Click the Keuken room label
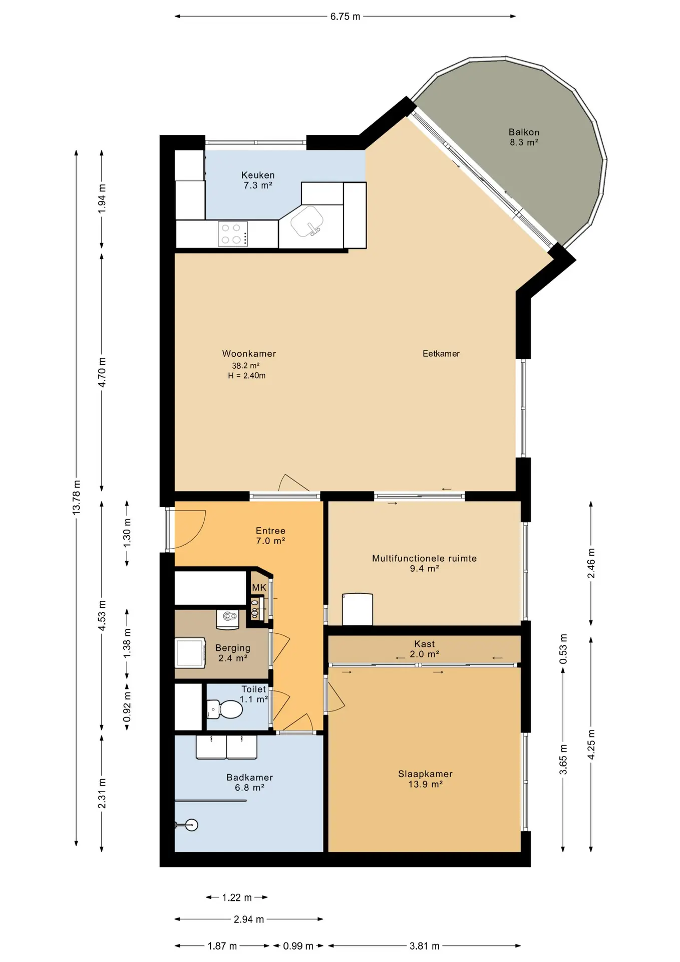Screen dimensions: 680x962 coord(258,180)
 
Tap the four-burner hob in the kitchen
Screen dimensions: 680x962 coord(233,234)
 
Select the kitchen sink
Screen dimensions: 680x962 coord(307,221)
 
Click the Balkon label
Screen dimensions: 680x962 coord(524,137)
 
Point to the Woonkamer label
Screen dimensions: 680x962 coord(249,354)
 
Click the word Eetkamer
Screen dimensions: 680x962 coord(441,354)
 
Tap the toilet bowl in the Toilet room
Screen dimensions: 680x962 coord(225,709)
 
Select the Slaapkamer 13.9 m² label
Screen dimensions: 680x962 coord(425,779)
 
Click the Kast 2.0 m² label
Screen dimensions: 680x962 coord(425,649)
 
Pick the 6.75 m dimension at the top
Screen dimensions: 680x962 coord(345,17)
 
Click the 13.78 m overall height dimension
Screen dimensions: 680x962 coord(77,498)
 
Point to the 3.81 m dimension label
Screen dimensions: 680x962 coord(425,946)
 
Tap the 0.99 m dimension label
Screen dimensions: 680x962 coord(298,946)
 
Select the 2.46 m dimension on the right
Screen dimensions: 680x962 coord(591,563)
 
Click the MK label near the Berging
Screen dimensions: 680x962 coord(259,588)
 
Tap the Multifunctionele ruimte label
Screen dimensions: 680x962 coord(424,563)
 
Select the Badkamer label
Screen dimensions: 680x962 coord(249,783)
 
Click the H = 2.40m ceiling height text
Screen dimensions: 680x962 coord(246,376)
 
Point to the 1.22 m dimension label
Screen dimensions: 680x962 coord(237,897)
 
